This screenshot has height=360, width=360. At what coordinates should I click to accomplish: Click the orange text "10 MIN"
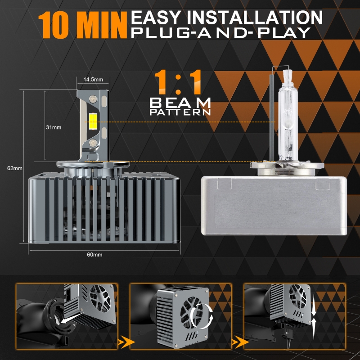click(83, 25)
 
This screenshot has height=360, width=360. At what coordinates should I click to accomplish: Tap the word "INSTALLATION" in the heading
click(255, 18)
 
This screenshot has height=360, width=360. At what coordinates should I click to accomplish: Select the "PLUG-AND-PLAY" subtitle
click(220, 32)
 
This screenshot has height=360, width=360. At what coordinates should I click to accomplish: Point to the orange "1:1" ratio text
click(178, 82)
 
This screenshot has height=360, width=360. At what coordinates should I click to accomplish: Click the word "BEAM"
click(180, 103)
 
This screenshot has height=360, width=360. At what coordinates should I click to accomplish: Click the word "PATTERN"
click(180, 112)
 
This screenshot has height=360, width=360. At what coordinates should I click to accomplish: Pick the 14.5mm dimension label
click(93, 80)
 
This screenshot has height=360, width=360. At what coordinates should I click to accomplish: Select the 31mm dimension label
click(54, 127)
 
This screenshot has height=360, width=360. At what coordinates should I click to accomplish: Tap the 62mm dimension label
click(15, 168)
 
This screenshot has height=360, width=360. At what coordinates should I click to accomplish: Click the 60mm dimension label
click(94, 254)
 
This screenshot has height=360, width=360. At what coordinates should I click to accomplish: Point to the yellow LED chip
click(93, 121)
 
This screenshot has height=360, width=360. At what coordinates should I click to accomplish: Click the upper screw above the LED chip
click(93, 99)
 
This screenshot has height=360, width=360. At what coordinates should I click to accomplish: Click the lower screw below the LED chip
click(93, 143)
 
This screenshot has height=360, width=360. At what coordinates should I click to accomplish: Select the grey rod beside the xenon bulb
click(272, 117)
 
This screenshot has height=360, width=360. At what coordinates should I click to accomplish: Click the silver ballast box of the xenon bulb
click(274, 206)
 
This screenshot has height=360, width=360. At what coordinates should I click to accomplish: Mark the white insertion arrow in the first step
click(70, 318)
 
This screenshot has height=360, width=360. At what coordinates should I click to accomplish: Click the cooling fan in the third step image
click(297, 296)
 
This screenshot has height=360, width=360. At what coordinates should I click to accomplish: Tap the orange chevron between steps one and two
click(126, 342)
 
